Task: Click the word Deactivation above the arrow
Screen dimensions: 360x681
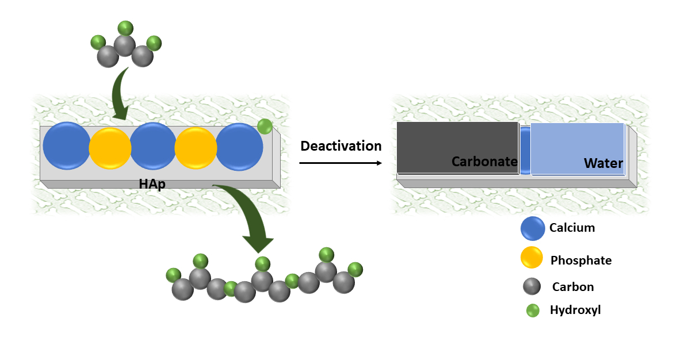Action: (341, 146)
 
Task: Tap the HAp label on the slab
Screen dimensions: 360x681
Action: (152, 185)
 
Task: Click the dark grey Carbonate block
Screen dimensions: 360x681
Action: (457, 147)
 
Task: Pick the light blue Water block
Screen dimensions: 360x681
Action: (577, 148)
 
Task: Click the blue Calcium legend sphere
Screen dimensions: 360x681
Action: (533, 228)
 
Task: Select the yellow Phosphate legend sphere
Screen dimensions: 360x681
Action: (531, 257)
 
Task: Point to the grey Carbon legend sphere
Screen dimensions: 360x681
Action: (532, 286)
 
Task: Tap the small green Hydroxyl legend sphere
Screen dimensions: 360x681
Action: (533, 311)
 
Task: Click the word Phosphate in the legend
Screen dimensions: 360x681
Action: (581, 261)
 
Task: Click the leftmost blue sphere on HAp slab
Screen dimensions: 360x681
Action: (67, 146)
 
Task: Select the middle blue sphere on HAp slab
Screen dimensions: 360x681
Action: (153, 146)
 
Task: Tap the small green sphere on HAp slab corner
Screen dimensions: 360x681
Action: (265, 127)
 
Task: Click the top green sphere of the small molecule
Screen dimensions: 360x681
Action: (125, 28)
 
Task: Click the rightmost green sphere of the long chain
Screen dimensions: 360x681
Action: (355, 269)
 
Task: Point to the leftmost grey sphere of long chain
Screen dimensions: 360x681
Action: (182, 289)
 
